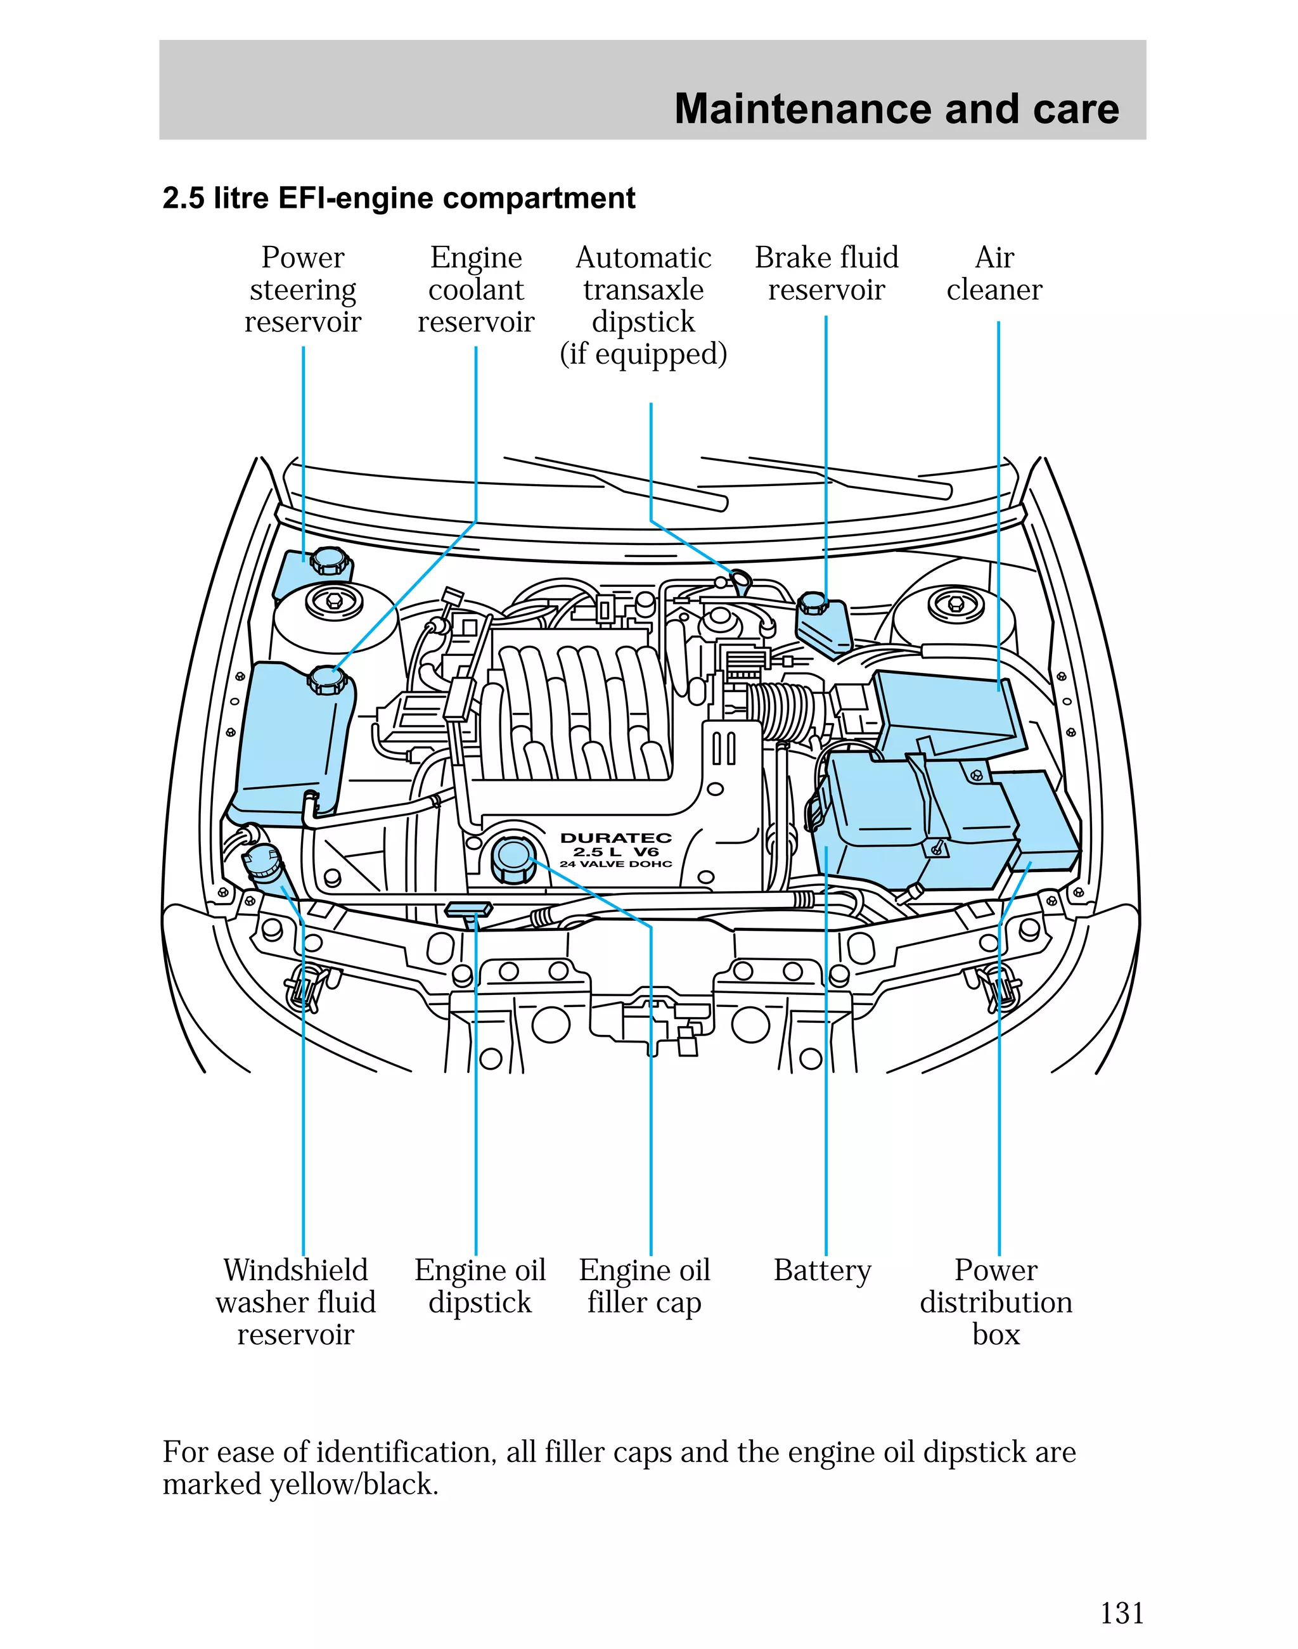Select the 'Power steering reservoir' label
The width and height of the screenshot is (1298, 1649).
pos(302,290)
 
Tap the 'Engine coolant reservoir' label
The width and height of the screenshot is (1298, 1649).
pos(476,290)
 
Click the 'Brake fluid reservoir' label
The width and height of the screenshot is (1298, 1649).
pos(826,274)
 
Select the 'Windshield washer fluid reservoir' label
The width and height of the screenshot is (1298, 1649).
pos(295,1302)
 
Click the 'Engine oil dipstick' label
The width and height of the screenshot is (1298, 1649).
pos(480,1286)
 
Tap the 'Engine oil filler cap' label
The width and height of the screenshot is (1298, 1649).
pos(644,1286)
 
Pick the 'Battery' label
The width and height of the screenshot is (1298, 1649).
pos(822,1270)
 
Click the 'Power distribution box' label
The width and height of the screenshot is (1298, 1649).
pos(996,1302)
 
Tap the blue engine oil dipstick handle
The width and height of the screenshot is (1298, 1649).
pos(469,909)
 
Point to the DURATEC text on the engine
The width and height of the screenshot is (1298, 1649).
pos(615,837)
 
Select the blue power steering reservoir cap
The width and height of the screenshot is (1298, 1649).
pos(331,561)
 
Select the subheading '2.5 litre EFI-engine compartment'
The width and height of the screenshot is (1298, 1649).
pos(399,198)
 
